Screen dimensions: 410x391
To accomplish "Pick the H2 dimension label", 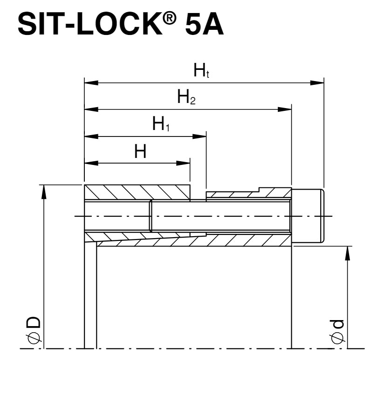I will coord(186,98).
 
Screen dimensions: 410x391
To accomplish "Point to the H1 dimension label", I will coord(161,124).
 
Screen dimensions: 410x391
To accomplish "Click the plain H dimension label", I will coord(140,151).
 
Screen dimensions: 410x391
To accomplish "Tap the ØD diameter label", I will coord(33,332).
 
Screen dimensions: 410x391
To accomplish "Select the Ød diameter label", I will coord(337,332).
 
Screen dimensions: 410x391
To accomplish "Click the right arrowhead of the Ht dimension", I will coord(318,83).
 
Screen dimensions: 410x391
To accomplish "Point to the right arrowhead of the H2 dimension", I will coord(285,109).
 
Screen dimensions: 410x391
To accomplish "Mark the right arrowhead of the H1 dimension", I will coord(200,137).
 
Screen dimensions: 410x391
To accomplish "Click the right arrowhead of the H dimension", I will coord(184,163).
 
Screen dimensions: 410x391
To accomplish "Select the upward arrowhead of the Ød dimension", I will coord(347,253).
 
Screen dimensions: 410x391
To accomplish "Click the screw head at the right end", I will coord(308,216).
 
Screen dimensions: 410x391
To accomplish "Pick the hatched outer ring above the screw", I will coord(137,192).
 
